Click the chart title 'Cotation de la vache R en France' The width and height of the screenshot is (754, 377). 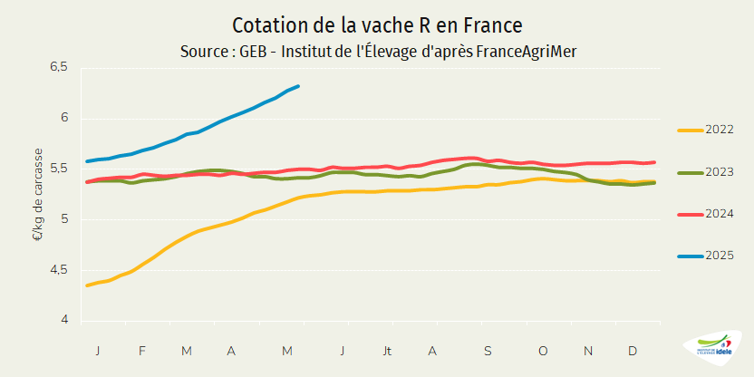click(377, 24)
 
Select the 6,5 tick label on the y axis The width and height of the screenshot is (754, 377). click(59, 67)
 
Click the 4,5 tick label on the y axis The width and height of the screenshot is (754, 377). click(59, 269)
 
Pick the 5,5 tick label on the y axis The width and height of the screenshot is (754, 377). click(59, 169)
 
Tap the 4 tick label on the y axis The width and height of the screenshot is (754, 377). click(63, 320)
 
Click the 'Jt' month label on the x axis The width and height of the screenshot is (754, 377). click(388, 350)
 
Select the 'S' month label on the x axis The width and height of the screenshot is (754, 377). click(487, 350)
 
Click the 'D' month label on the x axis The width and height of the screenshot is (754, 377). click(632, 350)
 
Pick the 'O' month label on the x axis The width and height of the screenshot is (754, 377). click(544, 350)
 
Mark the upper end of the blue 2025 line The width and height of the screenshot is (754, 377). click(299, 86)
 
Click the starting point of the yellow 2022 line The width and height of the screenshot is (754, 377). click(87, 285)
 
